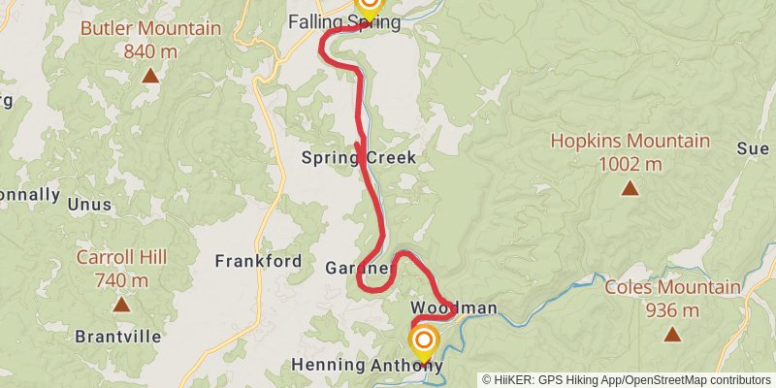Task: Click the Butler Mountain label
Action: tap(150, 28)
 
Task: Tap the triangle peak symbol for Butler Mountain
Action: tap(150, 75)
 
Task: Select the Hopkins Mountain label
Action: tap(630, 141)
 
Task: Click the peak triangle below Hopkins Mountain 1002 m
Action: tap(630, 187)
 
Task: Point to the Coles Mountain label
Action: tap(671, 288)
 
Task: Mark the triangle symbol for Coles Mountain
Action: tap(671, 335)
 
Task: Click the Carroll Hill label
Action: tap(121, 257)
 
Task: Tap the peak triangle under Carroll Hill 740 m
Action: tap(121, 304)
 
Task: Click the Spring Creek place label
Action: tap(358, 157)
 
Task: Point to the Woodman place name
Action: tap(461, 308)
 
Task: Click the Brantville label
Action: tap(117, 338)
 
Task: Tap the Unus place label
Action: tap(89, 205)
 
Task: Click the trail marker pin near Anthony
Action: tap(424, 341)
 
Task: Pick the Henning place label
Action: tap(328, 366)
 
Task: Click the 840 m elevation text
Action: tap(150, 50)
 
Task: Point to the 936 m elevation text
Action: tap(671, 310)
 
